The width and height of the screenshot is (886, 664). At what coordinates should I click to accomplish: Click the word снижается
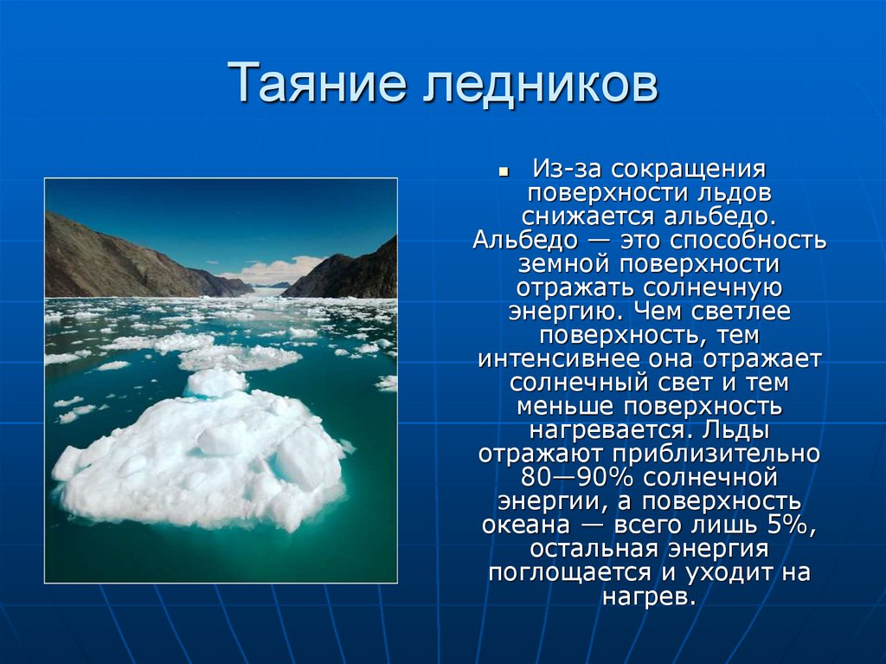click(x=588, y=216)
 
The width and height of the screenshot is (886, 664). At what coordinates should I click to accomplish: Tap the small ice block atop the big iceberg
click(x=214, y=382)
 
